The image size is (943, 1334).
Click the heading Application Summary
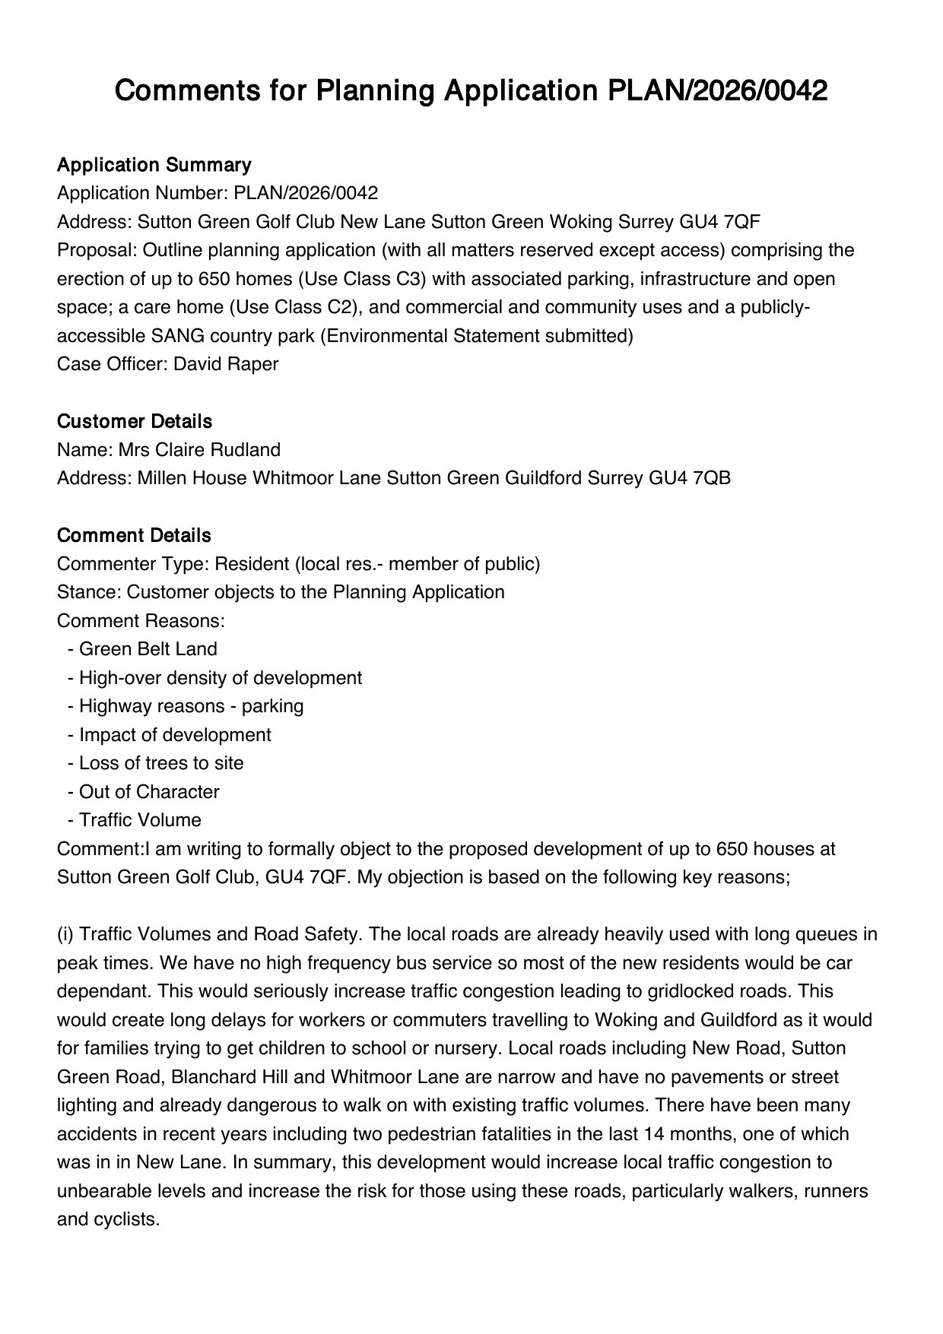coord(154,165)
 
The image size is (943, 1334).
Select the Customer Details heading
coord(135,421)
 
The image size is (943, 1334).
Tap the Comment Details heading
coord(134,535)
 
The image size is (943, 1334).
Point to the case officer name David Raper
coord(226,364)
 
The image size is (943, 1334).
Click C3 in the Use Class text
coord(410,279)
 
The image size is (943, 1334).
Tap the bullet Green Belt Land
coord(148,649)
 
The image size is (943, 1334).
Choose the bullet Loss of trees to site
coord(160,763)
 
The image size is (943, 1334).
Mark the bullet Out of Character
coord(148,792)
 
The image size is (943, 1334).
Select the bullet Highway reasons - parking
coord(191,706)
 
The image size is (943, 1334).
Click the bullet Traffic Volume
coord(140,820)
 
